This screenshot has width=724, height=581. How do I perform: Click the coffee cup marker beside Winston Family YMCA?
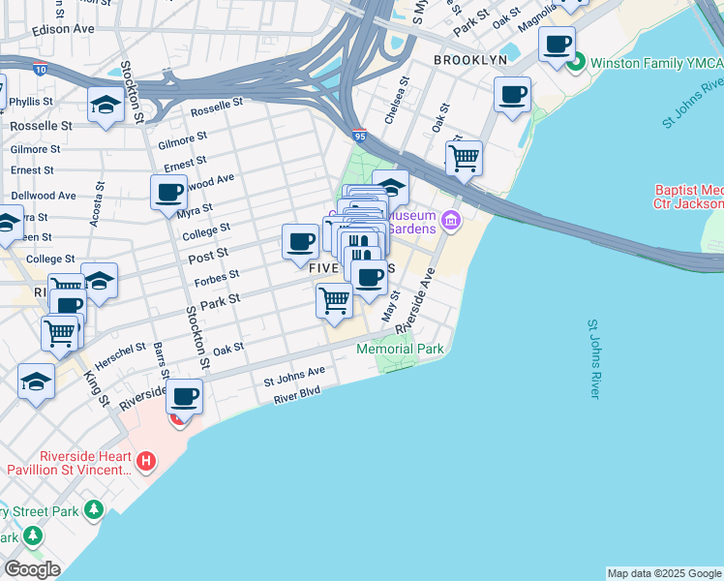(x=557, y=46)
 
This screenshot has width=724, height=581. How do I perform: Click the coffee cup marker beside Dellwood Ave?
(x=168, y=192)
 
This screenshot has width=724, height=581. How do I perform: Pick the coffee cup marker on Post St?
(x=300, y=241)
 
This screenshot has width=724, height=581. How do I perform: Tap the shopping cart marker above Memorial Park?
(x=334, y=300)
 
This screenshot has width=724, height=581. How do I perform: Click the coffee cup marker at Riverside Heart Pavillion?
(x=184, y=396)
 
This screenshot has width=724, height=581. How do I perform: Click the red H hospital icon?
(x=145, y=462)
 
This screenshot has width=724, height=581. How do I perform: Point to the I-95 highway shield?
(x=359, y=137)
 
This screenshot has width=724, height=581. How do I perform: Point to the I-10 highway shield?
(x=38, y=70)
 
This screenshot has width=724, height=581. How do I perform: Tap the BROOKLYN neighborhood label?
(x=470, y=60)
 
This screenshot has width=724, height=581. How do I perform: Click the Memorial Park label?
(x=400, y=349)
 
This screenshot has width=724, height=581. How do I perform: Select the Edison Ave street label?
(x=63, y=29)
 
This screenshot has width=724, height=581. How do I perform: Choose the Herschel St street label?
(x=120, y=350)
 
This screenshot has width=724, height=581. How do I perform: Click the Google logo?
(x=32, y=569)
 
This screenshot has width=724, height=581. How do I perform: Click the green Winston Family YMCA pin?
(x=577, y=64)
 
